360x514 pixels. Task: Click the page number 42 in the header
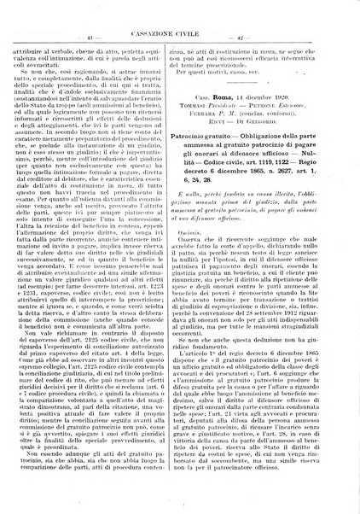264,38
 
